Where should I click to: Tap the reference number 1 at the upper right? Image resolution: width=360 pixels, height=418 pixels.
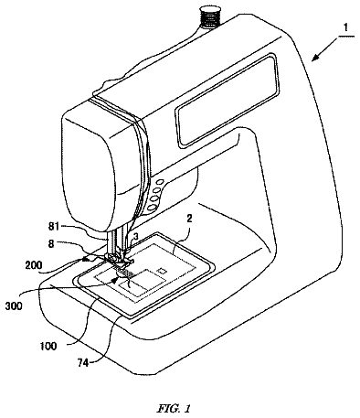tap(345, 28)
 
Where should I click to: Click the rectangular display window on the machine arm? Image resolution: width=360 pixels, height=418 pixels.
tap(228, 101)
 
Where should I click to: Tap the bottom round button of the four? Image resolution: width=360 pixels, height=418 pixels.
tap(151, 208)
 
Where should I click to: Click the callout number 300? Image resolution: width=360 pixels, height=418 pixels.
tap(14, 305)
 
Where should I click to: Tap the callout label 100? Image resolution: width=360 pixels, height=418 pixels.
tap(48, 347)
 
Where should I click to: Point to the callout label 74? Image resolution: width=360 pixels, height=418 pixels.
tap(83, 363)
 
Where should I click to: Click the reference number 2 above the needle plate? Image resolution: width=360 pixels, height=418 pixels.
tap(189, 220)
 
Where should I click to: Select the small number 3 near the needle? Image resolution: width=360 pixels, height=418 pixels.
tap(136, 236)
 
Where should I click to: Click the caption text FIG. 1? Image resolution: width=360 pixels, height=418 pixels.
tap(175, 408)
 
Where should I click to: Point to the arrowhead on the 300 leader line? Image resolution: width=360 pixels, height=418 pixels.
tap(114, 281)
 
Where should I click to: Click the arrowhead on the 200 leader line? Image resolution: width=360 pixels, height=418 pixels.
tap(88, 259)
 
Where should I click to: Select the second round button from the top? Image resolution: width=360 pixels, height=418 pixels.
tap(156, 191)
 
